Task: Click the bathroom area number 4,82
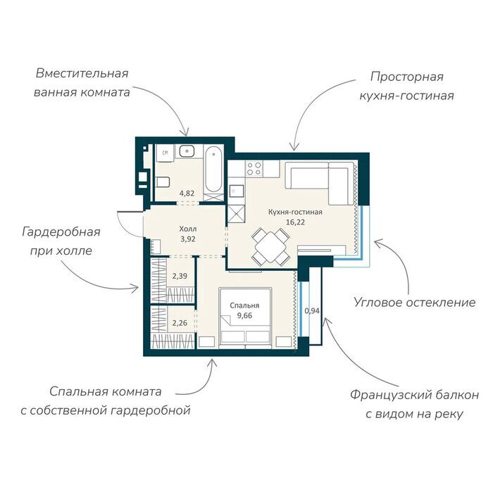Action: [187, 194]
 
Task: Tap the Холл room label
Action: [188, 229]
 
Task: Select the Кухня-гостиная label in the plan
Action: [295, 212]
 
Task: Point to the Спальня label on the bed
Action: [244, 305]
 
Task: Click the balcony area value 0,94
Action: [312, 311]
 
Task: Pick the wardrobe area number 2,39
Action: [180, 276]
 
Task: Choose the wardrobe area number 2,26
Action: [180, 322]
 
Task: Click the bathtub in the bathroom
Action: [213, 170]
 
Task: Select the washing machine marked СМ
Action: [165, 153]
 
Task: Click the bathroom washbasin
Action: [187, 151]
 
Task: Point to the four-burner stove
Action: [254, 168]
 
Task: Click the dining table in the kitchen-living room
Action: [270, 246]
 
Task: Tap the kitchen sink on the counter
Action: [236, 191]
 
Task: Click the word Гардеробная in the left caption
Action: [61, 232]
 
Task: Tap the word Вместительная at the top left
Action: [82, 73]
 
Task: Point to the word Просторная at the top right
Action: [407, 77]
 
